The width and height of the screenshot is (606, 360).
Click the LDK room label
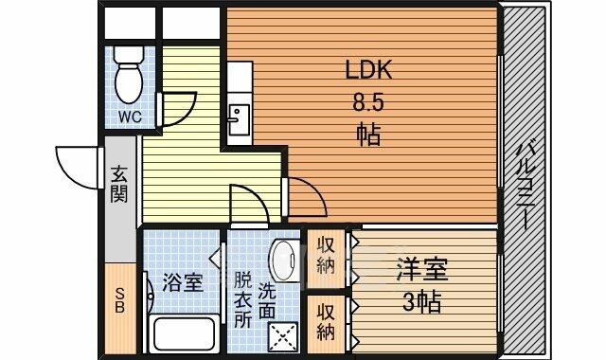pos(368,70)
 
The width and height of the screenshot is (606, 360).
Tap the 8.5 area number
pos(367,103)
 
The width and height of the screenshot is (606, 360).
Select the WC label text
pos(130,116)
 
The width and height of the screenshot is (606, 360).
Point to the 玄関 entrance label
pos(119,185)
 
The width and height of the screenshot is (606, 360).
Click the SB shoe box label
pos(120,301)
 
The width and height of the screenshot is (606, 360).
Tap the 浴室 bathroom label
pos(182,282)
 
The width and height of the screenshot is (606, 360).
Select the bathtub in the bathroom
pos(184,333)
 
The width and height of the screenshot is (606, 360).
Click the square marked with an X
pos(283,337)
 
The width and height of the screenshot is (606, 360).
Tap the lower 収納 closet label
pos(326,322)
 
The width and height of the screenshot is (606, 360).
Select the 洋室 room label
pos(422,269)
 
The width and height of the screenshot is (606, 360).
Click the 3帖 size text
pos(421,301)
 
